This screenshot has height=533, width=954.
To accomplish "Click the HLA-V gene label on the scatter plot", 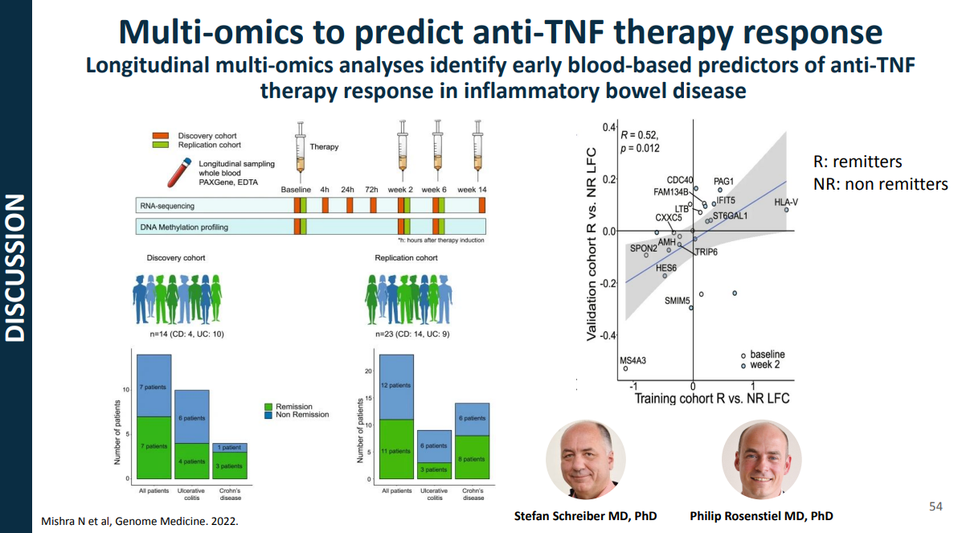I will [x=786, y=201].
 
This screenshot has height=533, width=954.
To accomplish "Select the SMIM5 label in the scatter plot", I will [x=678, y=301].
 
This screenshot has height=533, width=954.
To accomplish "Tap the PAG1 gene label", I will [x=724, y=182].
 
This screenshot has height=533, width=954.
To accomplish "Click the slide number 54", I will [x=936, y=506].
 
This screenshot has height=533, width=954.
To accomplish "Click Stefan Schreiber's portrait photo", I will [x=585, y=460].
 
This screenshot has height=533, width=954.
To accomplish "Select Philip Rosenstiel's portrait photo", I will [x=761, y=460].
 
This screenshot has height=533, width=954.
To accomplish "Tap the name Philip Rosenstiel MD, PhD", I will [x=761, y=515].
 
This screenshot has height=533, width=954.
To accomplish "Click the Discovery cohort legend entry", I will [x=207, y=136].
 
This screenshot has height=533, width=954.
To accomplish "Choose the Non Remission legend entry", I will [x=301, y=415].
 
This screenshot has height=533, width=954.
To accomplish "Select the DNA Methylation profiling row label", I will [x=185, y=228].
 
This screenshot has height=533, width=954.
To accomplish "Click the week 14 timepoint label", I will [x=472, y=190].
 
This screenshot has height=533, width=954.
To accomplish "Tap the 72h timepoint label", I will [x=371, y=190].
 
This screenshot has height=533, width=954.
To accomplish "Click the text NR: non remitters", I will [x=880, y=184].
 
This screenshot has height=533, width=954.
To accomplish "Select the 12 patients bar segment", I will [x=395, y=386].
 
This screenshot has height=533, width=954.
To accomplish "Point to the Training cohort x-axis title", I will [x=712, y=398].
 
